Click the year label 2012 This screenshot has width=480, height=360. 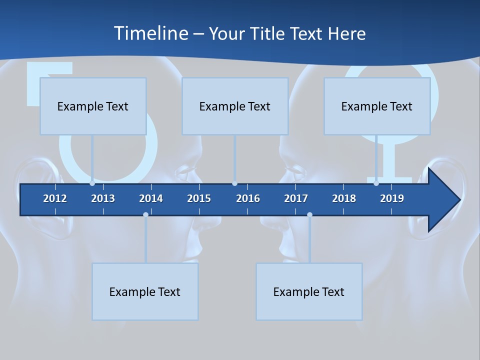55,198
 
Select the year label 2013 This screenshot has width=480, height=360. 103,198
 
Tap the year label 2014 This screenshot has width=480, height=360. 151,198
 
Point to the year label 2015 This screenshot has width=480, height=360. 199,198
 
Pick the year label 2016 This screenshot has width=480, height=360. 248,198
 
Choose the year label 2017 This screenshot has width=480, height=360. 296,198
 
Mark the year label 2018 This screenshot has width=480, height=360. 344,198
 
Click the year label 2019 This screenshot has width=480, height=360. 392,198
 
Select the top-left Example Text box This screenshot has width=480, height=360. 93,106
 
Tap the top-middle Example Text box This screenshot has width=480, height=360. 235,106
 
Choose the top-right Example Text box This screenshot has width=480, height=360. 377,106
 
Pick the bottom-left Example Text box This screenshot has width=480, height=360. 145,291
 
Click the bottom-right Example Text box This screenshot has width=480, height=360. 309,291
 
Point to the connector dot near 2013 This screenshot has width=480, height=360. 92,183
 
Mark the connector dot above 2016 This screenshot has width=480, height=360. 234,183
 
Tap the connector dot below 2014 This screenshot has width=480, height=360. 145,214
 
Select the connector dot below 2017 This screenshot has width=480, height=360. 309,214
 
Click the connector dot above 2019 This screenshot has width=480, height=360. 376,183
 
